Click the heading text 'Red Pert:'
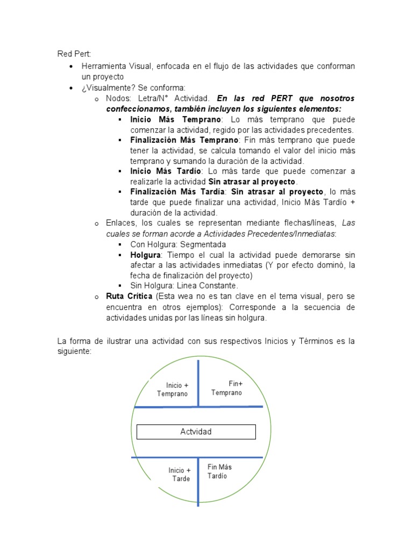pyautogui.click(x=74, y=54)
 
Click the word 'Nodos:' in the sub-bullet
pyautogui.click(x=118, y=98)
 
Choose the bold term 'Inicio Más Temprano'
pyautogui.click(x=167, y=120)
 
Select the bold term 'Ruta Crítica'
pyautogui.click(x=129, y=296)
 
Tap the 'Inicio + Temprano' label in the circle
pyautogui.click(x=173, y=389)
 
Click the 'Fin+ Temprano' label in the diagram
pyautogui.click(x=226, y=388)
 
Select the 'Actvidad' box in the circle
pyautogui.click(x=196, y=432)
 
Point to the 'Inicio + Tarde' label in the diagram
pyautogui.click(x=179, y=474)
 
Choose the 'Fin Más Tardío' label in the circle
pyautogui.click(x=219, y=472)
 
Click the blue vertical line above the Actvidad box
pyautogui.click(x=198, y=382)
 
